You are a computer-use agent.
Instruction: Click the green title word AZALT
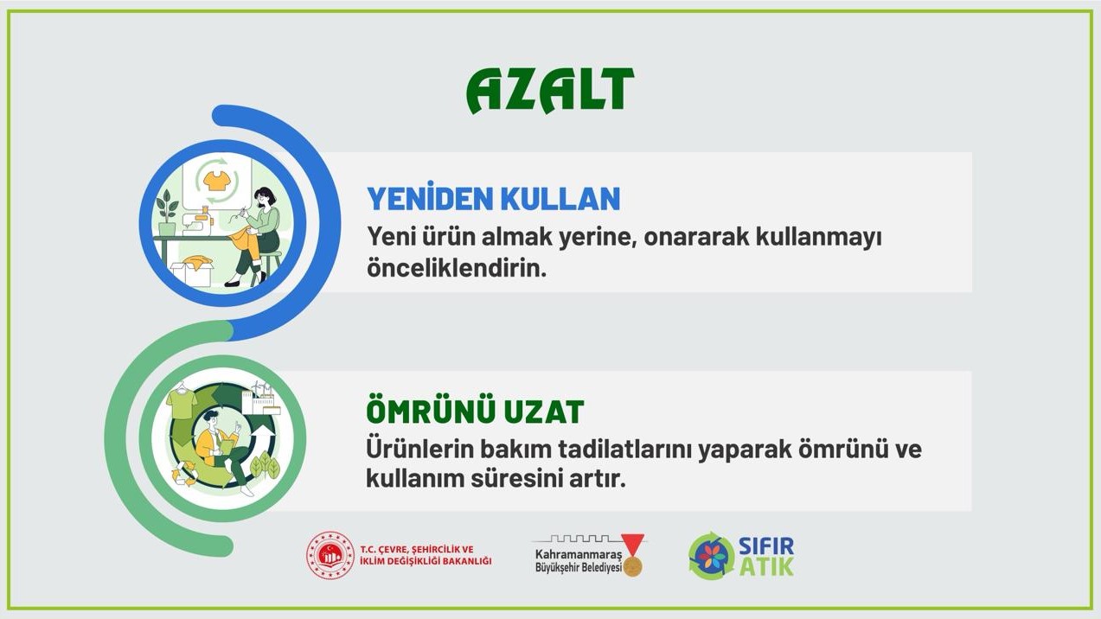click(550, 91)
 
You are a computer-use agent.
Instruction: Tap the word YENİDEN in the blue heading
click(421, 199)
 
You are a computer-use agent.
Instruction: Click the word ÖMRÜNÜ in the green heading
click(421, 412)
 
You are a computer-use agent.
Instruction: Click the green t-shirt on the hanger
click(182, 402)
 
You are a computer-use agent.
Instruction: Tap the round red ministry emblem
click(330, 555)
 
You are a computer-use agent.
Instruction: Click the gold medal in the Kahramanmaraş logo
click(633, 565)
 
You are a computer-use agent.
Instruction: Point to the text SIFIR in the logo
click(765, 546)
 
